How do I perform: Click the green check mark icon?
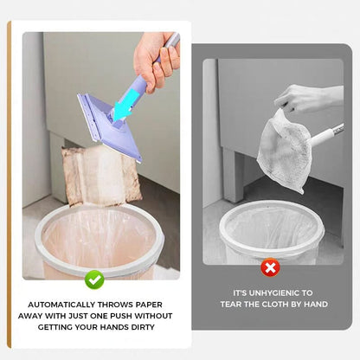click(94, 279)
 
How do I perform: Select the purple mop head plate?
click(108, 125)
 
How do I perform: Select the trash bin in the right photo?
click(273, 234)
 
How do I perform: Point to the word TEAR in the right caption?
click(242, 305)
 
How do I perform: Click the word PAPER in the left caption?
click(145, 305)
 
